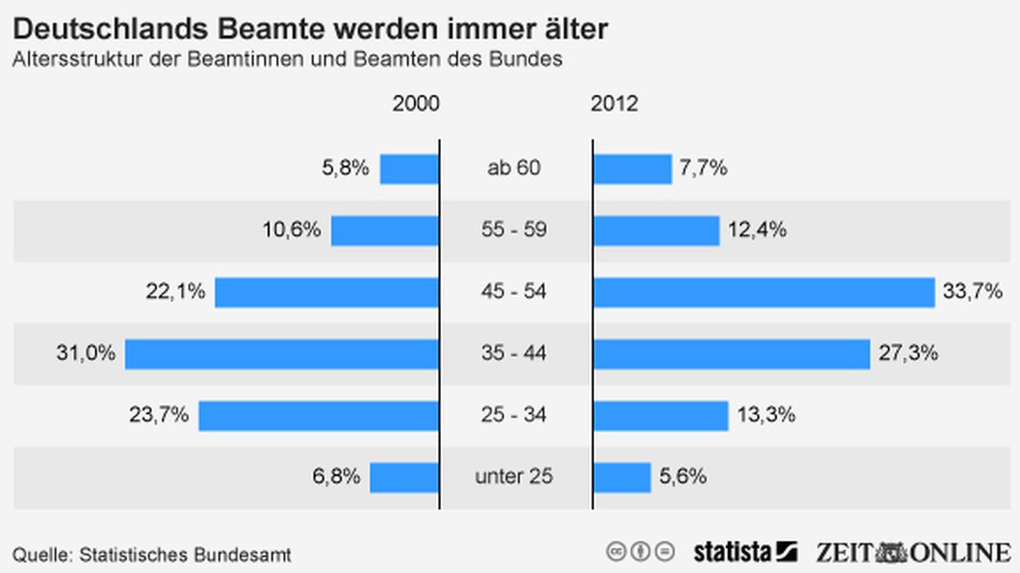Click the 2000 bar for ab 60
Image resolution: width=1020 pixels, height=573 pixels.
[409, 169]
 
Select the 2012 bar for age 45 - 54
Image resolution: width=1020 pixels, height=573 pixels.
[763, 292]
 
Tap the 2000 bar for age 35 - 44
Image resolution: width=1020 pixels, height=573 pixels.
[282, 354]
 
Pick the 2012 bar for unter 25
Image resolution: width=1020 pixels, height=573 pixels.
[622, 477]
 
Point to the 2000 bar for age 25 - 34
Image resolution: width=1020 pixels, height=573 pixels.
[319, 415]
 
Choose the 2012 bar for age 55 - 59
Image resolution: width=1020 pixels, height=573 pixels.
[656, 230]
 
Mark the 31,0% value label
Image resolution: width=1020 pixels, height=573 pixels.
[86, 354]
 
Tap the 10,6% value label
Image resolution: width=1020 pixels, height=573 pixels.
[291, 230]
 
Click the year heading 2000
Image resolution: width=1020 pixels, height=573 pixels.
[416, 103]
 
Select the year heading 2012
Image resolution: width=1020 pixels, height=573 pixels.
[614, 103]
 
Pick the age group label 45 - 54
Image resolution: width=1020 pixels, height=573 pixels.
[514, 292]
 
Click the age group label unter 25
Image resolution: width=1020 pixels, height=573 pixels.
[514, 477]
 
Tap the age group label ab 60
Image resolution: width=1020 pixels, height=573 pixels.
[514, 169]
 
